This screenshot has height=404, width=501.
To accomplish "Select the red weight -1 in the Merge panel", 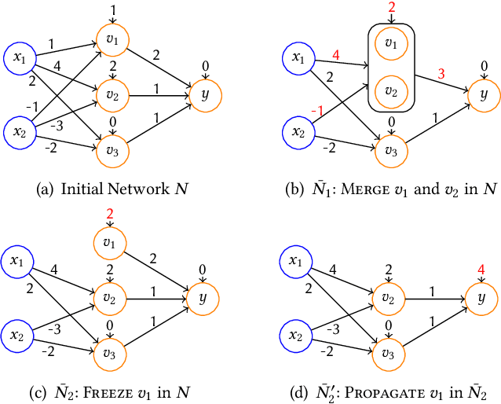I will click(316, 112).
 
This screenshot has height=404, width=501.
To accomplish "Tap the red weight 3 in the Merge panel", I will click(442, 73).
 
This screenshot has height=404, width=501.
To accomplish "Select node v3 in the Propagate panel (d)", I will click(387, 351).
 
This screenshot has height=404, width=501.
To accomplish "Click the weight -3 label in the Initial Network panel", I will click(57, 124).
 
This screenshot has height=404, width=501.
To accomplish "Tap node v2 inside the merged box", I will click(390, 92).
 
